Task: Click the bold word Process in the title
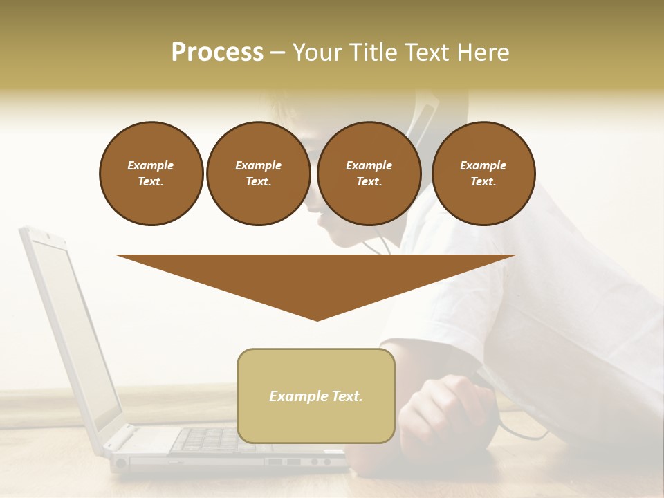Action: (217, 53)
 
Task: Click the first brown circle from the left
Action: (151, 174)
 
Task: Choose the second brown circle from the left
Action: (259, 174)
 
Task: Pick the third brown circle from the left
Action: (369, 174)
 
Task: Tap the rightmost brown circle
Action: (483, 174)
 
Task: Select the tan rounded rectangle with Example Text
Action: (316, 396)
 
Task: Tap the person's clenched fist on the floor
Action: (443, 415)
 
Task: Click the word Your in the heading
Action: (318, 53)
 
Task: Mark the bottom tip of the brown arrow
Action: (317, 320)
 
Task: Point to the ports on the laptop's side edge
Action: (290, 461)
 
